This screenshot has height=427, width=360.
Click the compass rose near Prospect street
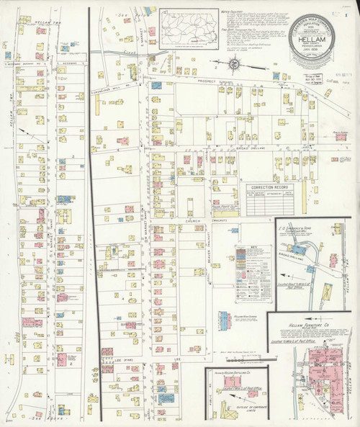[235, 66]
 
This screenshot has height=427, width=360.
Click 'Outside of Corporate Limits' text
[238, 409]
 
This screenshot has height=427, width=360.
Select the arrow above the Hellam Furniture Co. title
[315, 316]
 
